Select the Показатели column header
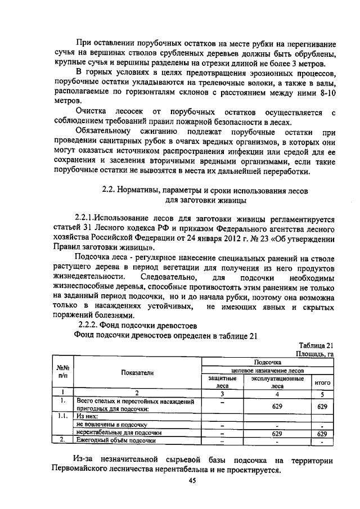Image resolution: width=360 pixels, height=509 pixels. (137, 372)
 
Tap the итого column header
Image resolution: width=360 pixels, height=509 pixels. (322, 382)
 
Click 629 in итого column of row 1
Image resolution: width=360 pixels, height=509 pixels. (322, 406)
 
